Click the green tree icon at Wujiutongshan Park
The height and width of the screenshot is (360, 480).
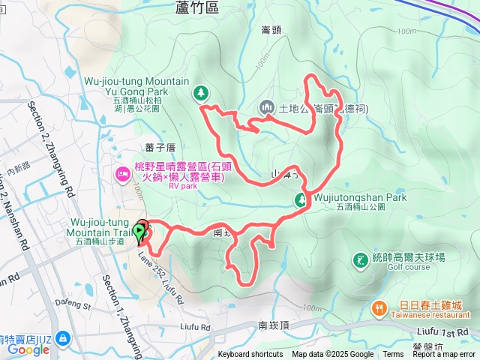301,199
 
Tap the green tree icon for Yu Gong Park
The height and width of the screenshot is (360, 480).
201,93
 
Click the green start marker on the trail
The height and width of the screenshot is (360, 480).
140,232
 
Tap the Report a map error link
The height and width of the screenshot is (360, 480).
445,355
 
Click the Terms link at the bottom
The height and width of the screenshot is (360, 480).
393,355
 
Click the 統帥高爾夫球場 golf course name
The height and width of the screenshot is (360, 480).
409,256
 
